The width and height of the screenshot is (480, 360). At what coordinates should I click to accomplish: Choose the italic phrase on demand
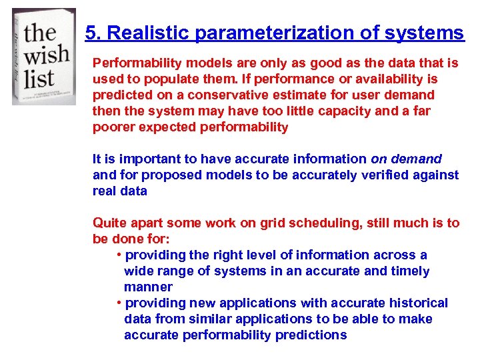click(406, 159)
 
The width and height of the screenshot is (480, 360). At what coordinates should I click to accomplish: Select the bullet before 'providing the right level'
click(118, 255)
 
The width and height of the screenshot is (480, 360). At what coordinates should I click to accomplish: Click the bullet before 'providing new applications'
click(118, 303)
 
